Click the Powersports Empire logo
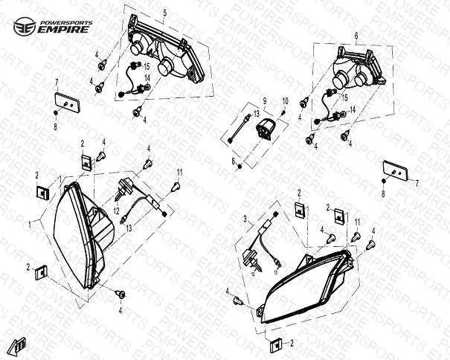[53, 27]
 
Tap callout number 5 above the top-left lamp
[164, 13]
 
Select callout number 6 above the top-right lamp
[356, 36]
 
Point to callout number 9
[265, 100]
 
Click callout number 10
[286, 101]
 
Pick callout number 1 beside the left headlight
[30, 225]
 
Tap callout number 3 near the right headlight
[245, 219]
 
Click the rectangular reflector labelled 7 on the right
[395, 170]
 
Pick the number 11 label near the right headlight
[357, 222]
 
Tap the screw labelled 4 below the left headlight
[120, 294]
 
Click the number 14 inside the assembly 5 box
[147, 78]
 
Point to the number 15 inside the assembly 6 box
[344, 97]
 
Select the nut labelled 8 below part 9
[240, 167]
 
